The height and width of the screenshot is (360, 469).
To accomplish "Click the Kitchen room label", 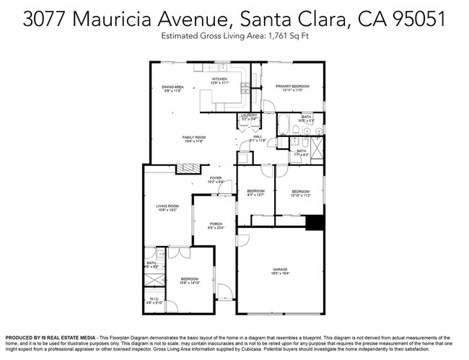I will click(219, 79).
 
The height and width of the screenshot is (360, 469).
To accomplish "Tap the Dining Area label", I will click(173, 87).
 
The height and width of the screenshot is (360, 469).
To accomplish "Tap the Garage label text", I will click(280, 269).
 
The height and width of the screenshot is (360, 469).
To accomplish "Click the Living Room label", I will click(167, 206).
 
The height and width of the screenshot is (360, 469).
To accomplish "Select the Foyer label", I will click(216, 177).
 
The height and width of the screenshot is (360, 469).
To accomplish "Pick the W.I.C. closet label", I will click(154, 299).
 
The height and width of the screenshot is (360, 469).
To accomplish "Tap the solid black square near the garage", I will click(315, 223).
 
